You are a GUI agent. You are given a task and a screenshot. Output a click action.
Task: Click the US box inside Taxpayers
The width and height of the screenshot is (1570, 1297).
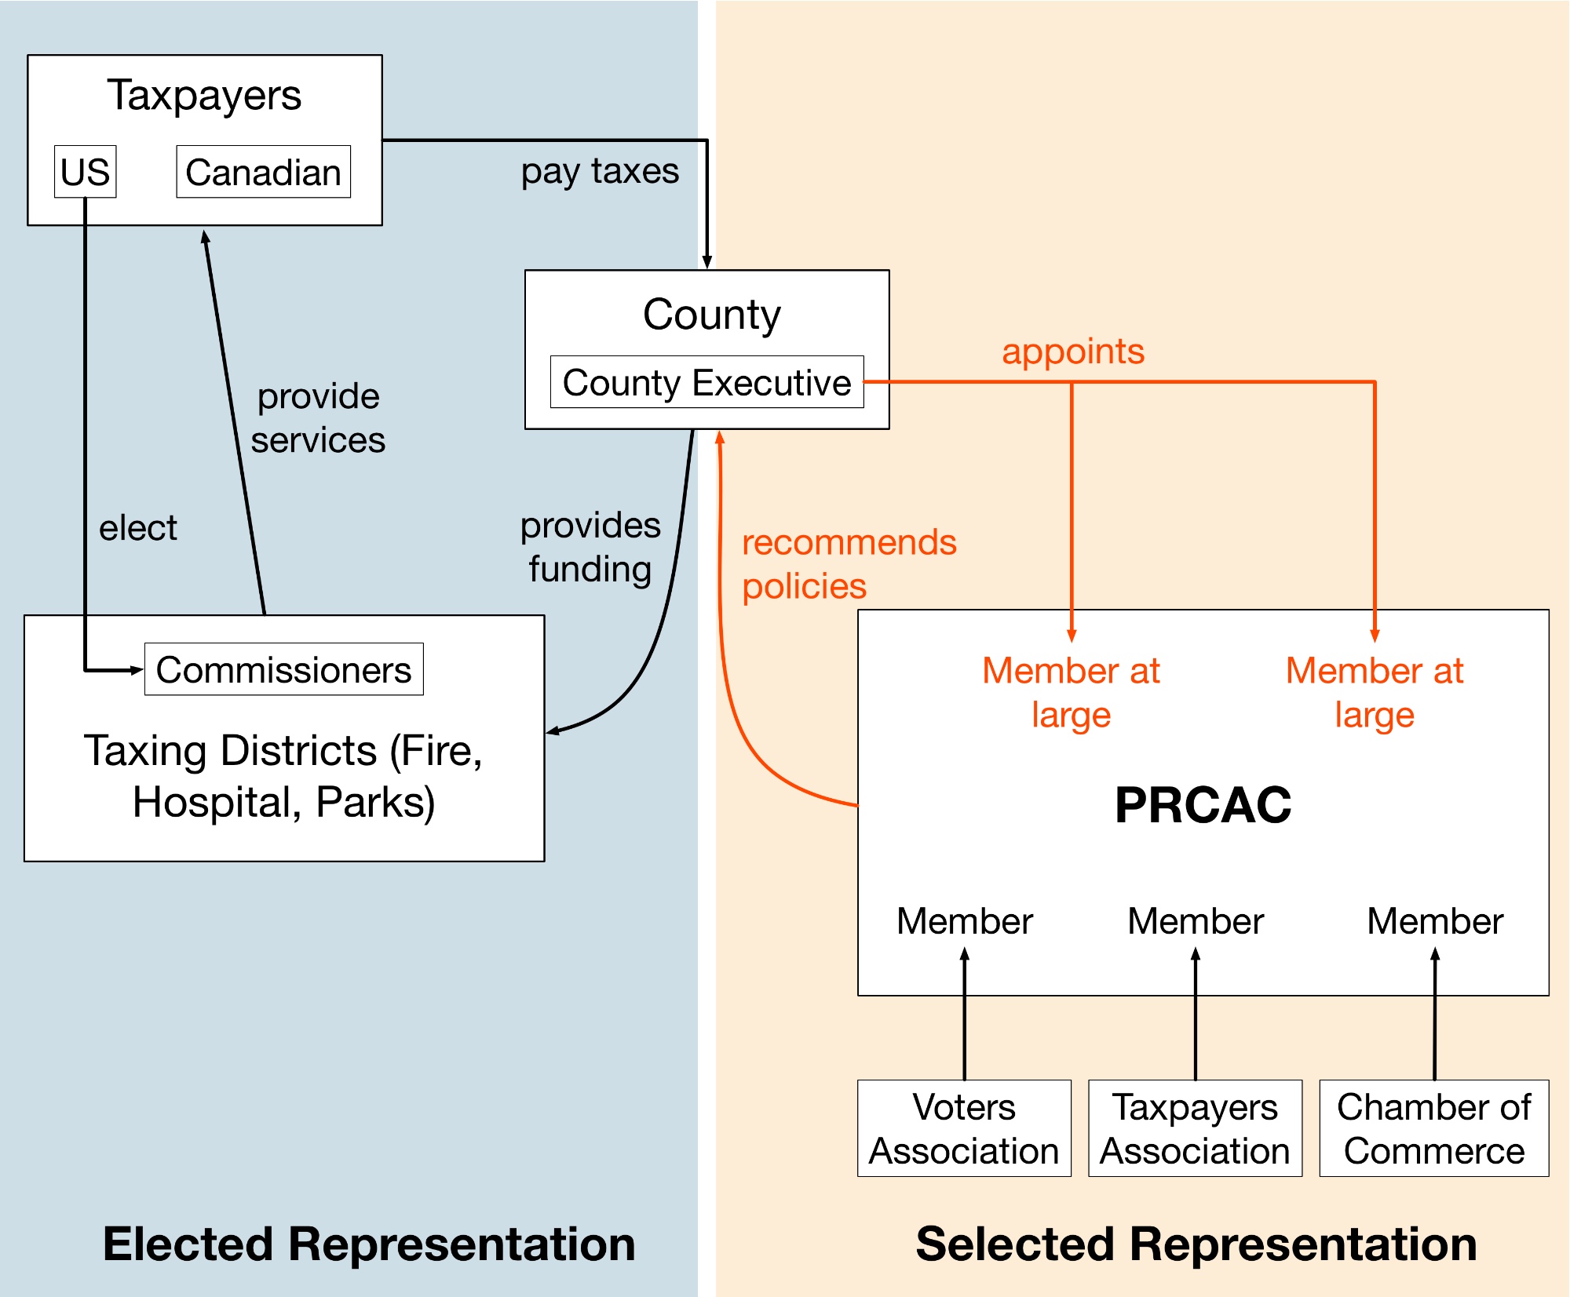85,172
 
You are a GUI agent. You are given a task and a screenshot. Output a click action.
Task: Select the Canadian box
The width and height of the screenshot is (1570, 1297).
263,172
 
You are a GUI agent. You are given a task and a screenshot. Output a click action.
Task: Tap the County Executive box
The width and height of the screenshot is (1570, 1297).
706,382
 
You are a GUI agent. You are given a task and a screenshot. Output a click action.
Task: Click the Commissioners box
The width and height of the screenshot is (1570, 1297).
283,669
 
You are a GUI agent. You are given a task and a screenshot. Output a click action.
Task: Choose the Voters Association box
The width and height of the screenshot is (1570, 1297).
964,1128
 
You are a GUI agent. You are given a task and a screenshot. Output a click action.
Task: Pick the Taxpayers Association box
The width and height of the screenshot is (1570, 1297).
1195,1128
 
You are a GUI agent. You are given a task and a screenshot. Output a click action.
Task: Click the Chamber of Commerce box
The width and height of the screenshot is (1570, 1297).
1433,1128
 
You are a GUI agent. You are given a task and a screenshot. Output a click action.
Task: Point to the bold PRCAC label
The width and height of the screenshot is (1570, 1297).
1203,805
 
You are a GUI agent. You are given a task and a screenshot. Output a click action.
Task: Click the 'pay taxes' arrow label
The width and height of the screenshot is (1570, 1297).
600,171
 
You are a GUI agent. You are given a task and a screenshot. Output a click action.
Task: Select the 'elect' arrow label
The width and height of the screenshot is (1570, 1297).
138,528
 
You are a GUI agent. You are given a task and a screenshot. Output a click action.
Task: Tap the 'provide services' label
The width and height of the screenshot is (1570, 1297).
318,417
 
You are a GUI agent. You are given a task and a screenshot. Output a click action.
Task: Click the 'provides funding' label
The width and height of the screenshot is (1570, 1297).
590,547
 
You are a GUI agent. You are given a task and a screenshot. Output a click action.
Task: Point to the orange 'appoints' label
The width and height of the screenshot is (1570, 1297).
1072,351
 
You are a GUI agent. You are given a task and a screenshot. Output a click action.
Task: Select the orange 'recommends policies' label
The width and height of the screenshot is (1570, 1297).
848,564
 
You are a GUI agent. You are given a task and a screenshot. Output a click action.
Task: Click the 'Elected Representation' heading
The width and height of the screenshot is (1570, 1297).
369,1244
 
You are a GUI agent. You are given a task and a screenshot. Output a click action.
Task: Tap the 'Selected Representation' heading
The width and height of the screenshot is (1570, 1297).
1196,1244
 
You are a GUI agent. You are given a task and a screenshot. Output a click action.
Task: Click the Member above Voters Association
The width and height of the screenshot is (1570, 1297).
964,921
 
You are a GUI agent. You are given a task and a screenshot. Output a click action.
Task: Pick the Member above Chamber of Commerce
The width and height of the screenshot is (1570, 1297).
1434,921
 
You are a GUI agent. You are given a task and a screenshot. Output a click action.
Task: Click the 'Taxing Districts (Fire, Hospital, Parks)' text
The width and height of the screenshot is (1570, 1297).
283,776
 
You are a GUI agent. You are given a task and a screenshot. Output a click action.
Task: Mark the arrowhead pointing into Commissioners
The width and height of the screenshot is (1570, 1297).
137,670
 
